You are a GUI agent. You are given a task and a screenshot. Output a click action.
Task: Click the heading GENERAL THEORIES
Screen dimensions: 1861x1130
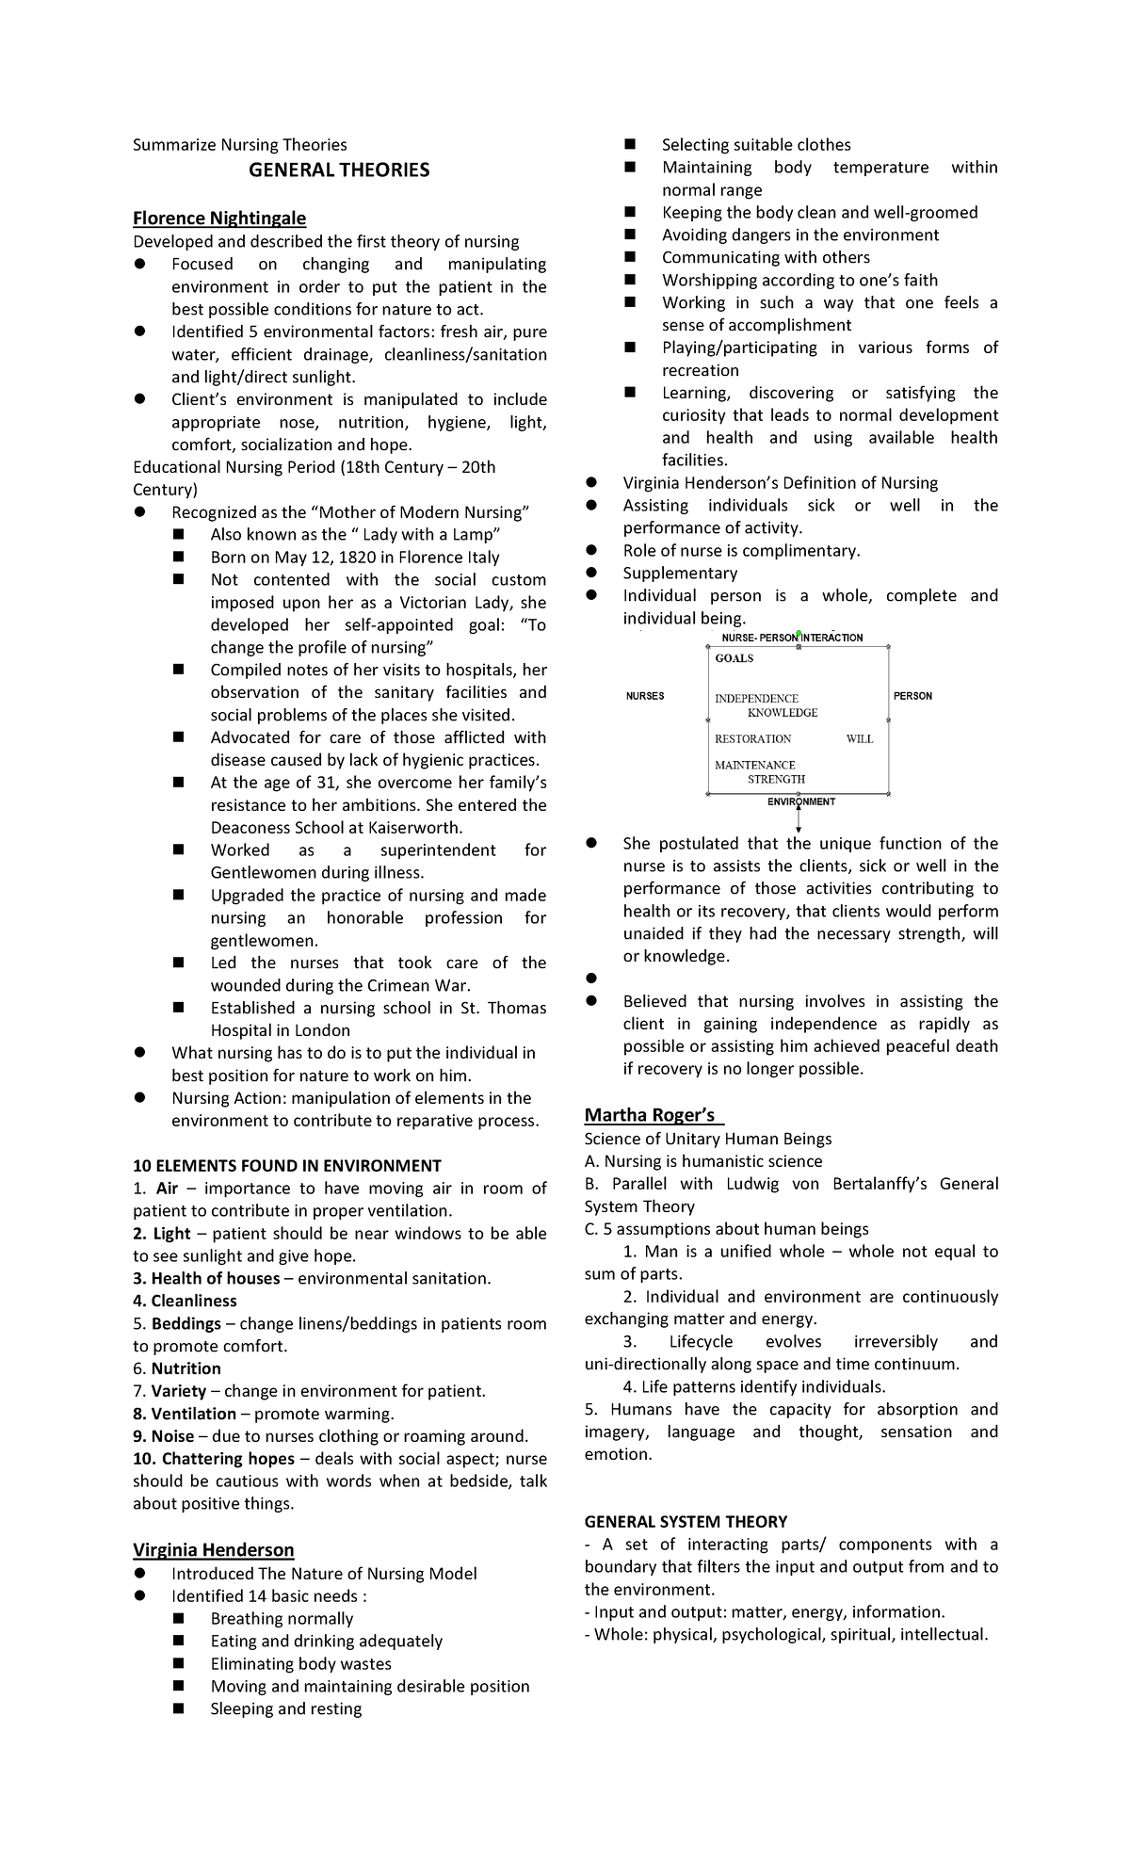click(x=339, y=170)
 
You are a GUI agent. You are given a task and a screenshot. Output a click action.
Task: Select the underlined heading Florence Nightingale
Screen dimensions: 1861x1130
click(x=219, y=218)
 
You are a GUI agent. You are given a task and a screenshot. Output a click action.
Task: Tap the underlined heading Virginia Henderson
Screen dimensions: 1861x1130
click(x=213, y=1549)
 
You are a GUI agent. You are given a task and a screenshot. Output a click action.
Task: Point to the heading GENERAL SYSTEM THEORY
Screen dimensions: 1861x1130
click(x=686, y=1521)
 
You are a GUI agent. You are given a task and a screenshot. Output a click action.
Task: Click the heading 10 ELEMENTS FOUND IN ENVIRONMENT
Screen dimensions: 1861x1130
click(x=287, y=1165)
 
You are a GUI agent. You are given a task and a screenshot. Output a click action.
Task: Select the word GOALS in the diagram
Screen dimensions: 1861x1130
click(x=734, y=658)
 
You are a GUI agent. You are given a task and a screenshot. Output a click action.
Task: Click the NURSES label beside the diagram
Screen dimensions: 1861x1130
click(x=645, y=696)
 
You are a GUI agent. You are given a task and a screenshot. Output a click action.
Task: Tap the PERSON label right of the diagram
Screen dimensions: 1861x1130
click(x=912, y=696)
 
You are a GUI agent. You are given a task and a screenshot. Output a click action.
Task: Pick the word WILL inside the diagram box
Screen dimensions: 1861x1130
click(x=860, y=739)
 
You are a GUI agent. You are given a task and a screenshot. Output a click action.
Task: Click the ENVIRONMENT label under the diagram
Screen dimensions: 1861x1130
click(x=801, y=802)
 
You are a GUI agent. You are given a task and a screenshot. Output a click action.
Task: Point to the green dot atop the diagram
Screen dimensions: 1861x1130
click(x=799, y=634)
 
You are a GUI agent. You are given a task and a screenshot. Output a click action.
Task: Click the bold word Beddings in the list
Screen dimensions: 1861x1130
click(x=186, y=1323)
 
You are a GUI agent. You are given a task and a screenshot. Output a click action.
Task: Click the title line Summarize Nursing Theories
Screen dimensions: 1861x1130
click(x=239, y=145)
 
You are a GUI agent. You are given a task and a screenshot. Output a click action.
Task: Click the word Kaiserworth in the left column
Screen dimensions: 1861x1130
click(x=416, y=828)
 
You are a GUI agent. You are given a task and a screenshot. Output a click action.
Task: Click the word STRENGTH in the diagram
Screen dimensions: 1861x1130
click(x=777, y=780)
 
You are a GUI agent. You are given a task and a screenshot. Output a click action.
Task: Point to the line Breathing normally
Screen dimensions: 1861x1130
click(x=282, y=1618)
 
